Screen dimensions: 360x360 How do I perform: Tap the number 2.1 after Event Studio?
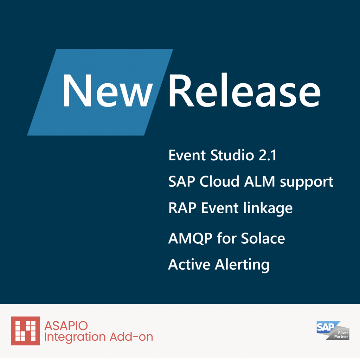click(268, 155)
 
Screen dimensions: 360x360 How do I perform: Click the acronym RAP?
click(183, 208)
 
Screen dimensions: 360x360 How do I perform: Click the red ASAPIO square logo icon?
click(25, 331)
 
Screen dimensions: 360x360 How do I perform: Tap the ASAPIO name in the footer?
click(66, 326)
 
